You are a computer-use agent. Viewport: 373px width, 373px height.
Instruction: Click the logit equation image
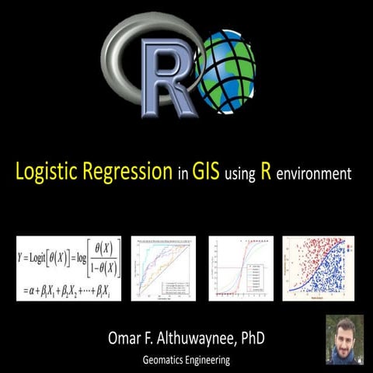pyautogui.click(x=68, y=267)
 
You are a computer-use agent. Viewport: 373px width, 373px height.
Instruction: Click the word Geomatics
pyautogui.click(x=166, y=361)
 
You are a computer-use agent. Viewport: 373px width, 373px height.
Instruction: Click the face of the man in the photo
pyautogui.click(x=344, y=336)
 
